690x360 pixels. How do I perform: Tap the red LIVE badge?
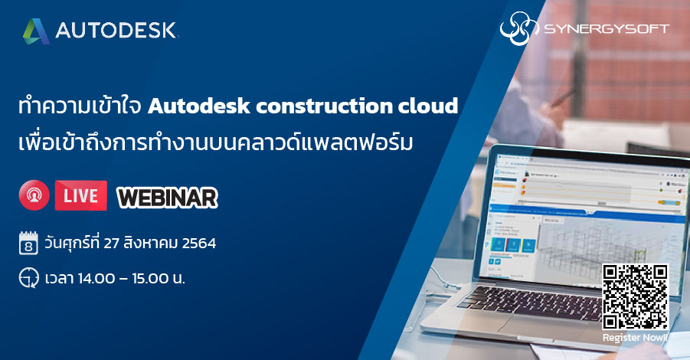pyautogui.click(x=80, y=196)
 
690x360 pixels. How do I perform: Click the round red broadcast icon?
pyautogui.click(x=33, y=196)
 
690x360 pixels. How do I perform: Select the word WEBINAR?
pyautogui.click(x=167, y=197)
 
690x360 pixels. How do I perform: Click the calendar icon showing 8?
pyautogui.click(x=28, y=245)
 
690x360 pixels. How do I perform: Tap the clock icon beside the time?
pyautogui.click(x=28, y=277)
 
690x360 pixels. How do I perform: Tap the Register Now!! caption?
pyautogui.click(x=635, y=337)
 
